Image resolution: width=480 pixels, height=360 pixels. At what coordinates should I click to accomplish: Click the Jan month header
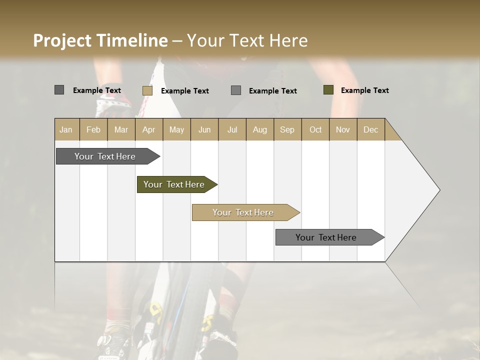pyautogui.click(x=66, y=129)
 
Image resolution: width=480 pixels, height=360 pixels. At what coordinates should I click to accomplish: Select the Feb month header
pyautogui.click(x=93, y=129)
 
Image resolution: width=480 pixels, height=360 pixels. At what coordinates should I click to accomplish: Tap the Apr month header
pyautogui.click(x=148, y=129)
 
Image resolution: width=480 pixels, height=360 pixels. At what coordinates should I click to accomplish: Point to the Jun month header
pyautogui.click(x=204, y=129)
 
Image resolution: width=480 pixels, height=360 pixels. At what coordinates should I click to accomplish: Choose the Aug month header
pyautogui.click(x=259, y=129)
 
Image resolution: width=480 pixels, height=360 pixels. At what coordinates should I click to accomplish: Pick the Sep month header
pyautogui.click(x=287, y=129)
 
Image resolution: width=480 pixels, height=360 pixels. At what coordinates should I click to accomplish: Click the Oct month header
pyautogui.click(x=315, y=129)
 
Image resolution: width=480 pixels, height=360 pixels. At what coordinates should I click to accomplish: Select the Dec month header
pyautogui.click(x=370, y=129)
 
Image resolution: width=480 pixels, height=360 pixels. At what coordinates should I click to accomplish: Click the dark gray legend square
pyautogui.click(x=59, y=90)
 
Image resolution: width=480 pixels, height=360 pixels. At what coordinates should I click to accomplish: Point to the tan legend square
pyautogui.click(x=147, y=90)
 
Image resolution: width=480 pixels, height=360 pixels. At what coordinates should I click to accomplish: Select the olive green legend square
pyautogui.click(x=328, y=90)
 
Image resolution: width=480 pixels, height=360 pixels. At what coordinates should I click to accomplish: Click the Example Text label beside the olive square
pyautogui.click(x=364, y=90)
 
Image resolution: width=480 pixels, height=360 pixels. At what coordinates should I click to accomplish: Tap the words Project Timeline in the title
pyautogui.click(x=100, y=40)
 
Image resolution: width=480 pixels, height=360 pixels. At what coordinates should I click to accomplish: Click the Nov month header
pyautogui.click(x=343, y=129)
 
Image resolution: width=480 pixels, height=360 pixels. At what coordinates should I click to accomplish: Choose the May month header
pyautogui.click(x=176, y=129)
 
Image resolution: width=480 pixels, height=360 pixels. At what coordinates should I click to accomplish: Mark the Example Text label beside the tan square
pyautogui.click(x=184, y=91)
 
